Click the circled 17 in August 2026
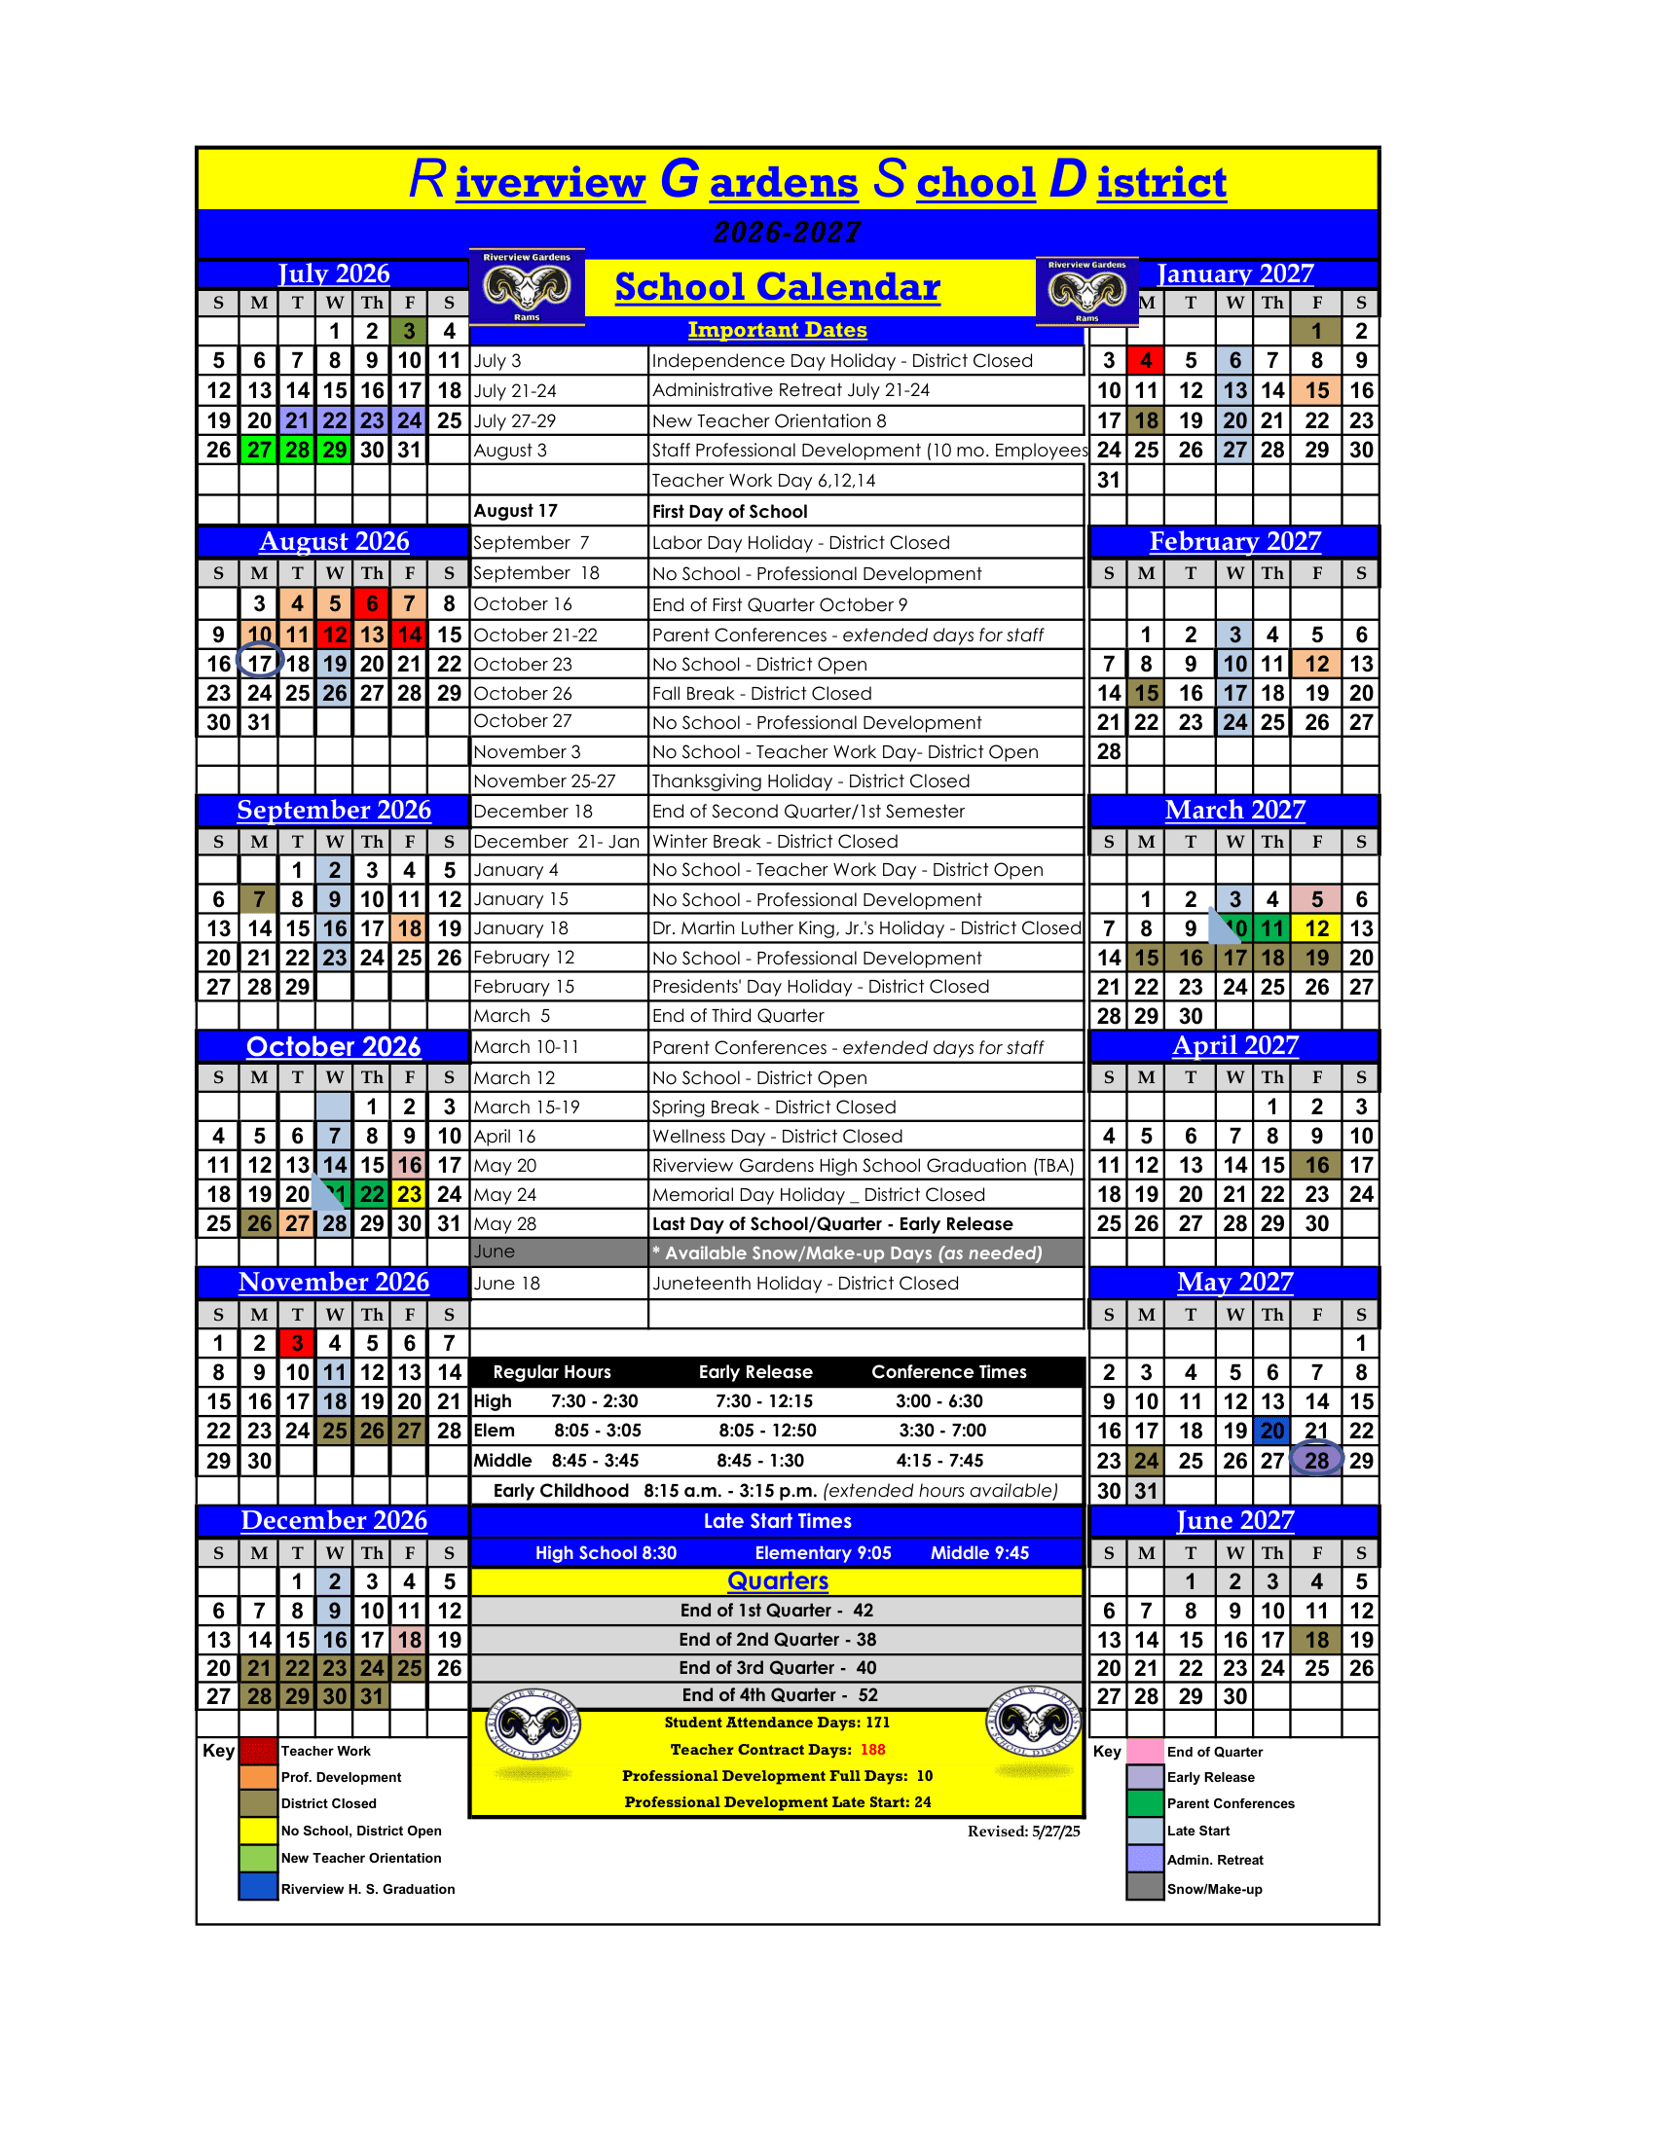click(x=259, y=664)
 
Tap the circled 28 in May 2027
click(x=1316, y=1460)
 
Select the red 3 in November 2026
click(x=297, y=1343)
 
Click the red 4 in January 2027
click(x=1145, y=361)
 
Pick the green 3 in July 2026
click(x=409, y=331)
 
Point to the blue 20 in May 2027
click(x=1271, y=1431)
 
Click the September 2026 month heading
click(x=333, y=810)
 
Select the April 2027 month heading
click(x=1234, y=1046)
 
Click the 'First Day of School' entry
click(x=729, y=511)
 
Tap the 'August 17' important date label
click(x=516, y=511)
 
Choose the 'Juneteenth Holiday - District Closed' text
click(x=805, y=1284)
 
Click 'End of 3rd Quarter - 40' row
click(x=778, y=1667)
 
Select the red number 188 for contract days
click(x=872, y=1749)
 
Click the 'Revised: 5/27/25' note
click(x=1022, y=1831)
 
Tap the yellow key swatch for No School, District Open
click(x=259, y=1831)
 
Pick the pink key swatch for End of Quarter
click(x=1144, y=1751)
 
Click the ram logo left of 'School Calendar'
click(x=527, y=287)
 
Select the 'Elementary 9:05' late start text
click(x=823, y=1553)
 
